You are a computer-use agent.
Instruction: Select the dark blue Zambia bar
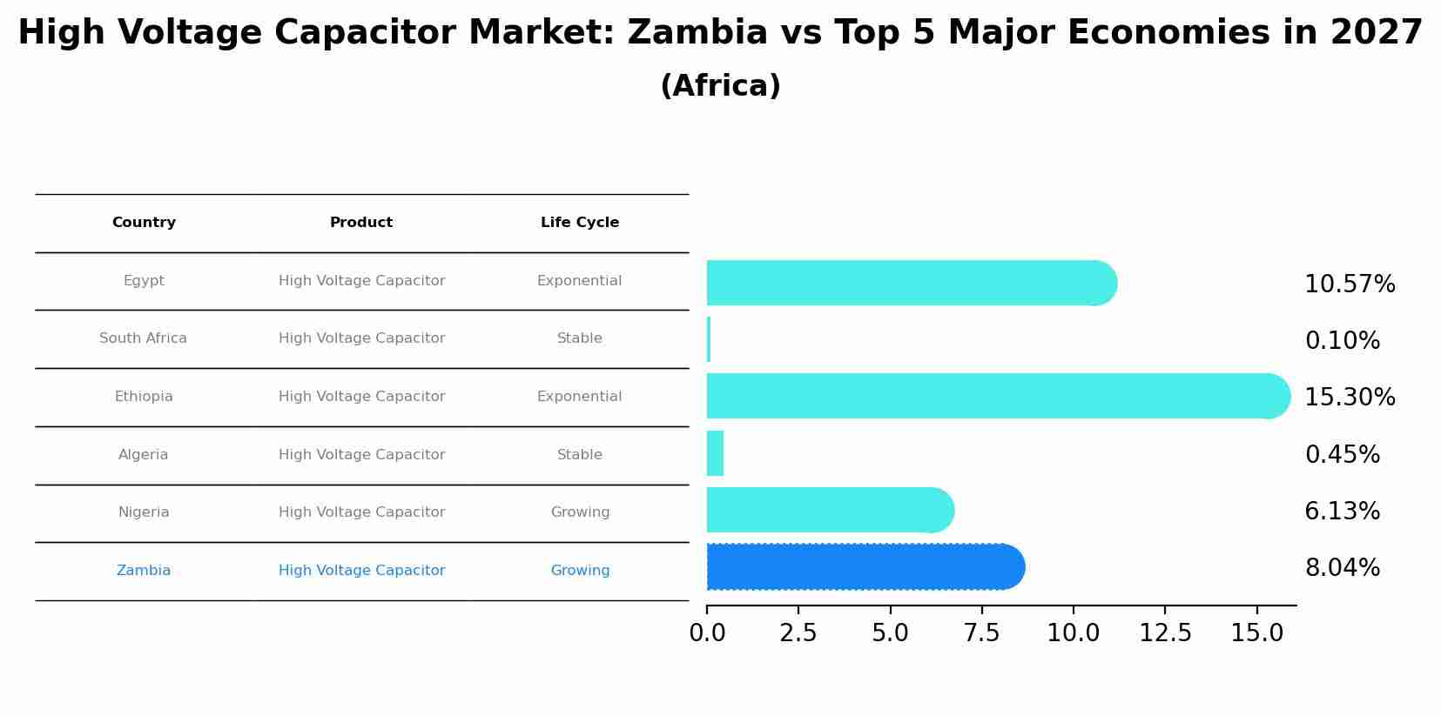[865, 567]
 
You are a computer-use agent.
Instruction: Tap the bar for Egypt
[911, 283]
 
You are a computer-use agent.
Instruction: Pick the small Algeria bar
[715, 453]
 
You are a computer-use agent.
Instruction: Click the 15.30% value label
[1350, 398]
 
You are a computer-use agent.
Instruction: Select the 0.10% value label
[1342, 341]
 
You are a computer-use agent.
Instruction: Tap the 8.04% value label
[1342, 568]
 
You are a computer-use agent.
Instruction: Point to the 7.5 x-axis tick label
[981, 633]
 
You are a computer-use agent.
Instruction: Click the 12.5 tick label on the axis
[1165, 633]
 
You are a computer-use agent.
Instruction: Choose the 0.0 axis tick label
[707, 633]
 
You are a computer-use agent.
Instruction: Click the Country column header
[144, 223]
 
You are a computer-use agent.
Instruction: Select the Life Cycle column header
[580, 223]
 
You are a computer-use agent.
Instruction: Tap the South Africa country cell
[143, 338]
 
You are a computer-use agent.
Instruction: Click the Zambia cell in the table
[144, 571]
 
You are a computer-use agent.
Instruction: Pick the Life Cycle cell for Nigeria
[580, 512]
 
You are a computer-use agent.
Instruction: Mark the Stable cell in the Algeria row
[580, 455]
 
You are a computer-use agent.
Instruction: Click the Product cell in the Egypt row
[361, 281]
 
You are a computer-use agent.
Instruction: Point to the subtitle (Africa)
[720, 86]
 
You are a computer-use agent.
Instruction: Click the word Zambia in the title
[697, 33]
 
